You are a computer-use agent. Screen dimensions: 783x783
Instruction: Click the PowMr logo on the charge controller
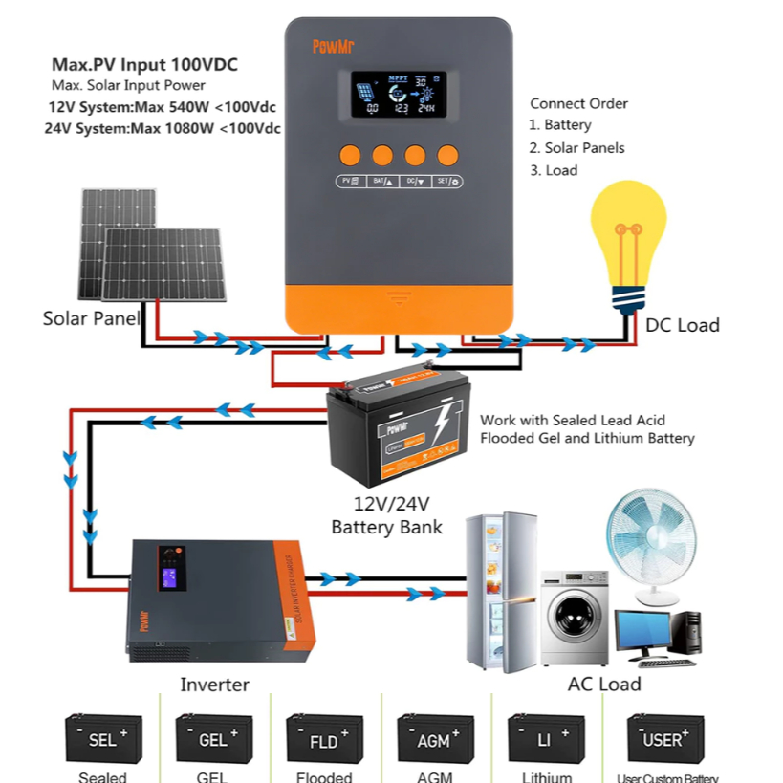pyautogui.click(x=331, y=46)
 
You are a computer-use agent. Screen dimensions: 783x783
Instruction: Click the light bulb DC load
pyautogui.click(x=628, y=239)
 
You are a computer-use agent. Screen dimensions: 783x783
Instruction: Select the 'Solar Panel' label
pyautogui.click(x=91, y=318)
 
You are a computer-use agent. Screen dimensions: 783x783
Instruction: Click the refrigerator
pyautogui.click(x=501, y=592)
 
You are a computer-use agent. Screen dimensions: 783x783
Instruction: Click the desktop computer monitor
pyautogui.click(x=642, y=632)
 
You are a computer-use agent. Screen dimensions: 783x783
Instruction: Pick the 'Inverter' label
pyautogui.click(x=214, y=685)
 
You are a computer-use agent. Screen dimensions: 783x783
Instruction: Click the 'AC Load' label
pyautogui.click(x=604, y=684)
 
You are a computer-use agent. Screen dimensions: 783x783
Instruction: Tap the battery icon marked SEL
pyautogui.click(x=103, y=739)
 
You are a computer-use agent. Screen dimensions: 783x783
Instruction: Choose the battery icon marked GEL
pyautogui.click(x=213, y=739)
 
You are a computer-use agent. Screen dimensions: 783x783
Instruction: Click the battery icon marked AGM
pyautogui.click(x=435, y=739)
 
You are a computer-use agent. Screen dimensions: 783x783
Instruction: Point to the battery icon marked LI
pyautogui.click(x=546, y=739)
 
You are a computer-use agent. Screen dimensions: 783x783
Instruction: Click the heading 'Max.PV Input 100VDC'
pyautogui.click(x=144, y=66)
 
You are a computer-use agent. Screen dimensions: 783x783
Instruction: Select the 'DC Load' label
pyautogui.click(x=682, y=325)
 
